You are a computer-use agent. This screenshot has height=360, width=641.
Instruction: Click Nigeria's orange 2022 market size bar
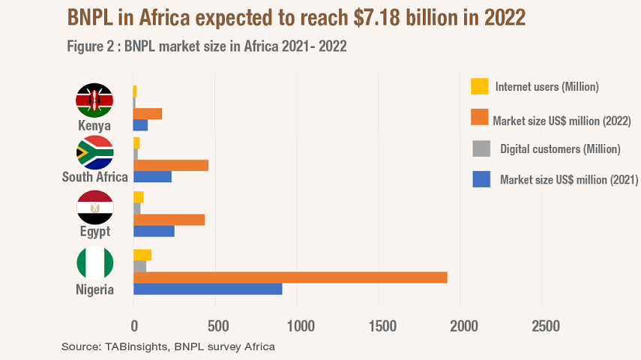coord(290,277)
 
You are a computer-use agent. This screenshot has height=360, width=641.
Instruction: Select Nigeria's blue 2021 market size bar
coord(208,289)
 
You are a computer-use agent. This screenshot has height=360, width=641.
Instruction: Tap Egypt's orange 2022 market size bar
coord(169,220)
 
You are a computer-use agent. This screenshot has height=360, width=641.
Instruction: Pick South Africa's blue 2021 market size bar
coord(152,177)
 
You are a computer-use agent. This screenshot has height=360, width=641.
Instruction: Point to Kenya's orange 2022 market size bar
coord(147,114)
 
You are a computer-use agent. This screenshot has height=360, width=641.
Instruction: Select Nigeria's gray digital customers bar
coord(139,266)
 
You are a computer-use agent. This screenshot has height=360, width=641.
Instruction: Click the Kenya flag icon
coord(94,100)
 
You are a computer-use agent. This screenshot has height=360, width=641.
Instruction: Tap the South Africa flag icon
coord(94,153)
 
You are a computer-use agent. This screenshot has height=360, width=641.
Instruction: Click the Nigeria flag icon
coord(94,263)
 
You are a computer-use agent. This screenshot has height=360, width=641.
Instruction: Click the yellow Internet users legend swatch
coord(480,86)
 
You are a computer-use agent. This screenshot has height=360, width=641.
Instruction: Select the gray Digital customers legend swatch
coord(480,148)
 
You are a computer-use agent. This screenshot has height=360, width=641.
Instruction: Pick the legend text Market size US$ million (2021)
coord(568,180)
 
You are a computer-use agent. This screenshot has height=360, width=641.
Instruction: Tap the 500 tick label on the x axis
coord(217,327)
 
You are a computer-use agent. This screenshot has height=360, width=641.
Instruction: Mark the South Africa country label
coord(94,178)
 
